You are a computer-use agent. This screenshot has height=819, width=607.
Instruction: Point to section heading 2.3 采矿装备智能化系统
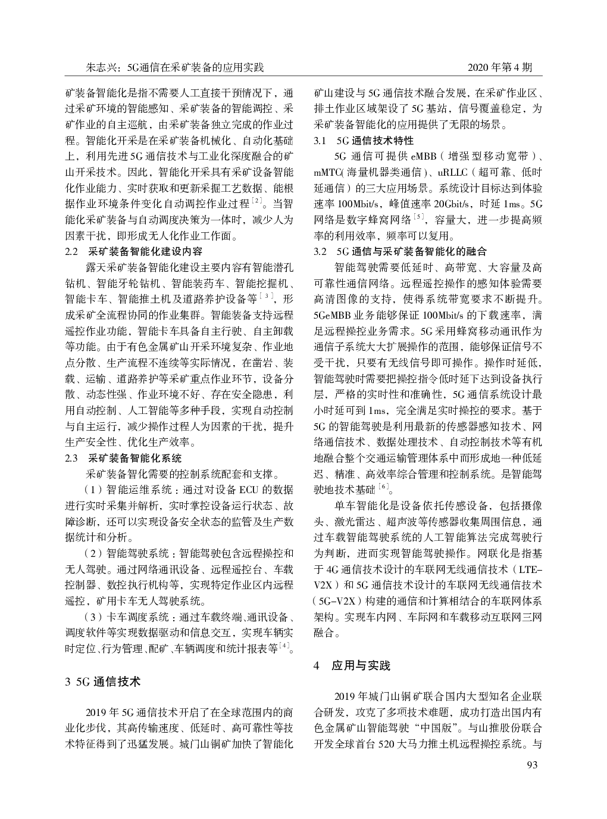(123, 458)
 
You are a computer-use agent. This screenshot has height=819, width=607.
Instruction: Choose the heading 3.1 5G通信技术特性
(364, 141)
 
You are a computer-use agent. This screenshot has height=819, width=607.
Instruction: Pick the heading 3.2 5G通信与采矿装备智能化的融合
(400, 251)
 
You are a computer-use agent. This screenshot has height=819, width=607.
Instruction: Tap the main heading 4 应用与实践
(352, 666)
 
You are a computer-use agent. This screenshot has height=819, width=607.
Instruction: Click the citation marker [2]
(256, 203)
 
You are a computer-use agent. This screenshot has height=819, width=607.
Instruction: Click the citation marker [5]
(420, 218)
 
